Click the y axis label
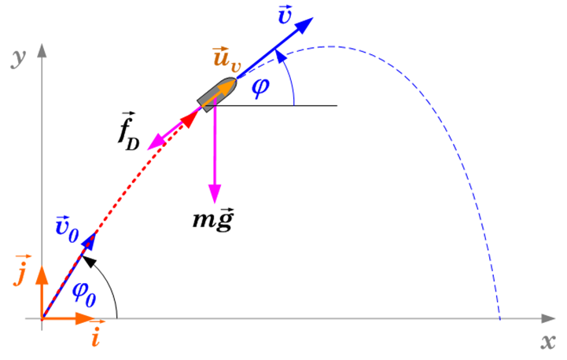pos(18,58)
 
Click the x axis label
pos(548,341)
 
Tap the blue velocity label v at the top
pos(285,15)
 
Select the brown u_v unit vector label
pos(226,57)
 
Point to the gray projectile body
pos(217,94)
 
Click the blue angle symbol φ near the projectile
pos(260,88)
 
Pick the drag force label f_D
pos(129,132)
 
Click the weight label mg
pos(213,219)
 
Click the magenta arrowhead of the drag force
pos(155,142)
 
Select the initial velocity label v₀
pos(67,230)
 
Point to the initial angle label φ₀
pos(84,294)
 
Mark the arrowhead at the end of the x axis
pos(548,318)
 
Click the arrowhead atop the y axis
pos(42,50)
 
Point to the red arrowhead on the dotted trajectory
pos(190,119)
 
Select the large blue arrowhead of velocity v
pos(304,26)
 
